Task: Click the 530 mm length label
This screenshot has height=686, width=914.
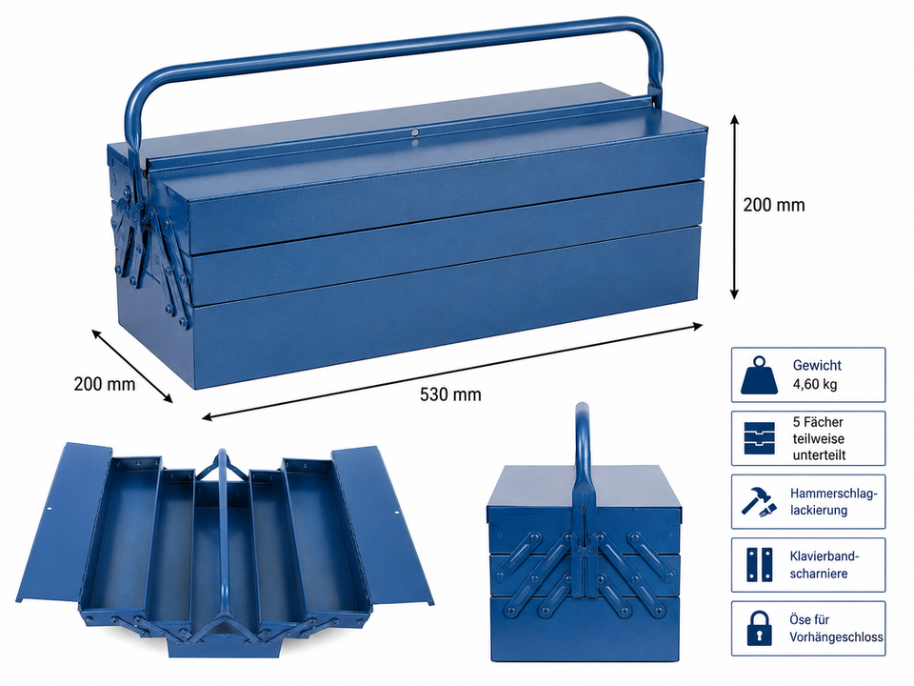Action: coord(450,394)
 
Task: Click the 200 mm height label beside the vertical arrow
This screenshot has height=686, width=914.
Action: coord(773,205)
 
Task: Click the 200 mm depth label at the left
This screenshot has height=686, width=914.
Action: coord(105,384)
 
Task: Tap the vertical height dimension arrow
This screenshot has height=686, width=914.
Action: coord(734,207)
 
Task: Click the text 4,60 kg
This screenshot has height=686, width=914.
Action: coord(814,384)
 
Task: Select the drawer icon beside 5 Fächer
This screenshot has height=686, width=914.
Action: coord(760,438)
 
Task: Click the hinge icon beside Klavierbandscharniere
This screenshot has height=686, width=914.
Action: coord(759,565)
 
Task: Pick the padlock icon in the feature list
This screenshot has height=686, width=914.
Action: coord(759,628)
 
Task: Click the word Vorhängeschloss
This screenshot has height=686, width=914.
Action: coord(837,637)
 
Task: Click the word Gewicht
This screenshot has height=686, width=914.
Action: coord(817,365)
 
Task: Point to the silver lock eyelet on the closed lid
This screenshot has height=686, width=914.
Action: coord(414,133)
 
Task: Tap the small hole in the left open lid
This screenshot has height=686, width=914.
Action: coord(50,508)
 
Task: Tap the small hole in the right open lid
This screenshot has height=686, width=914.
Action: coord(396,514)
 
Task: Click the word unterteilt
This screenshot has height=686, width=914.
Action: coord(819,455)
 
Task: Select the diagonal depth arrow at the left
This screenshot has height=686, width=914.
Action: coord(132,366)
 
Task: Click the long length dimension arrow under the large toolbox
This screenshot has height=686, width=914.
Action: coord(451,371)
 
